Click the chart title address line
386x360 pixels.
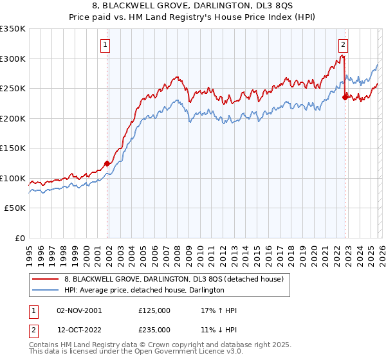point(192,6)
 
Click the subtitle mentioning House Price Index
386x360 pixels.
point(192,17)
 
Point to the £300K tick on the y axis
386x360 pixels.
point(13,59)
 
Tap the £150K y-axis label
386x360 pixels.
point(13,148)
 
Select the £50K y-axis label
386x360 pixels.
point(15,208)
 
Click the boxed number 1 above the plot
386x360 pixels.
point(104,44)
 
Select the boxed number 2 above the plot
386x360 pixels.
point(344,44)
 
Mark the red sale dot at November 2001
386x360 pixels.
point(107,163)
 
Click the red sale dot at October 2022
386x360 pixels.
point(345,98)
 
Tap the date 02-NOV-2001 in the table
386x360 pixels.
point(78,310)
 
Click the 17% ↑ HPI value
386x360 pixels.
point(219,310)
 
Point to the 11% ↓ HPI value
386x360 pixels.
point(219,329)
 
